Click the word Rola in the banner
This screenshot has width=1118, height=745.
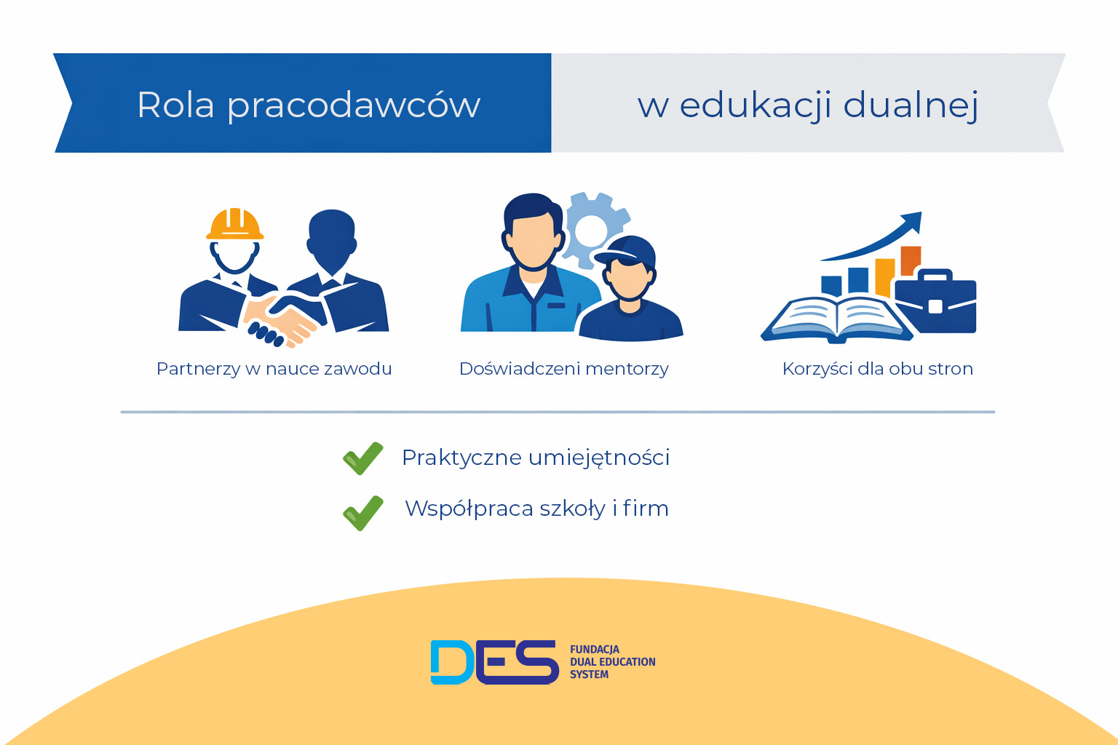pyautogui.click(x=175, y=105)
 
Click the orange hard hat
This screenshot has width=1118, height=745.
pyautogui.click(x=234, y=224)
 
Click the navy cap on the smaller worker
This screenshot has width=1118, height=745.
pyautogui.click(x=627, y=250)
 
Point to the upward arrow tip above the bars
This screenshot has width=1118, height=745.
pyautogui.click(x=914, y=219)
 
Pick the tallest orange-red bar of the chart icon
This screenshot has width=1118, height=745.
pyautogui.click(x=911, y=260)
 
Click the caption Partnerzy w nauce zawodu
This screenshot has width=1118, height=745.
pyautogui.click(x=274, y=369)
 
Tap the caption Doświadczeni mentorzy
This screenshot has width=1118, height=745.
pyautogui.click(x=563, y=369)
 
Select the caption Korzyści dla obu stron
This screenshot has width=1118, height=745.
pyautogui.click(x=877, y=369)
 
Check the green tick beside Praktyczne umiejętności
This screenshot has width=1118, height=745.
pyautogui.click(x=362, y=458)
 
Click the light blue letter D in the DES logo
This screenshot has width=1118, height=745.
pyautogui.click(x=451, y=662)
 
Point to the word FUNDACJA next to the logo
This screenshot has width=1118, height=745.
pyautogui.click(x=594, y=649)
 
